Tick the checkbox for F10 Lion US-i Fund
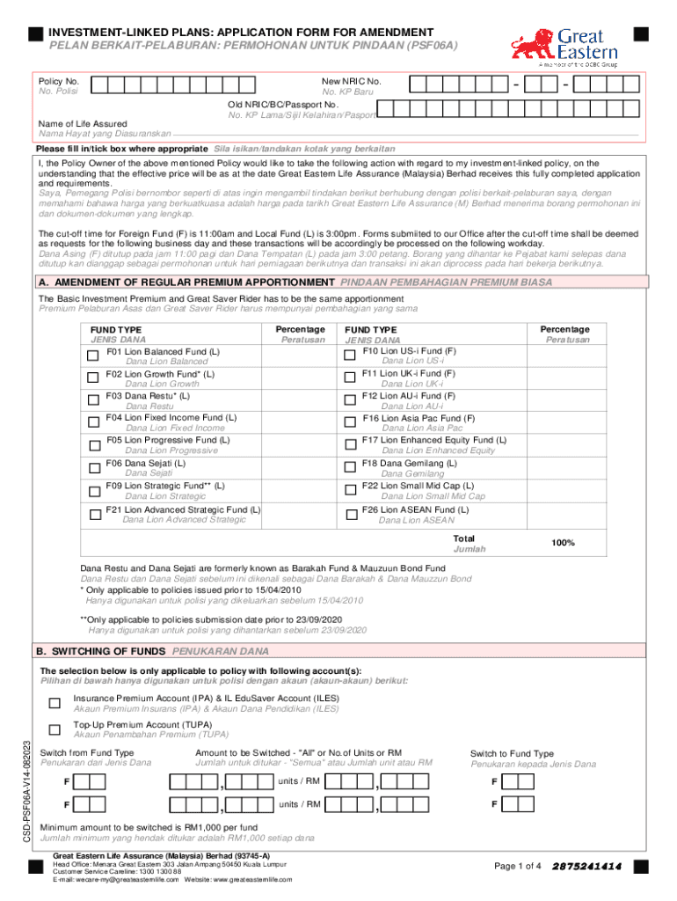[x=349, y=355]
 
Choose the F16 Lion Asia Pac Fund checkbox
[x=349, y=422]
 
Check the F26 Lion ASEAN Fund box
[x=349, y=513]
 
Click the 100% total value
[x=563, y=543]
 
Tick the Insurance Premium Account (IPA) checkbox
[x=55, y=702]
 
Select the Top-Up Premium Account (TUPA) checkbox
[x=55, y=730]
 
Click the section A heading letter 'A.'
[x=42, y=282]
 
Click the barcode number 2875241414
[x=587, y=867]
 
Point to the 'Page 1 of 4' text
[x=519, y=867]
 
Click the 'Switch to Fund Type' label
[x=512, y=753]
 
